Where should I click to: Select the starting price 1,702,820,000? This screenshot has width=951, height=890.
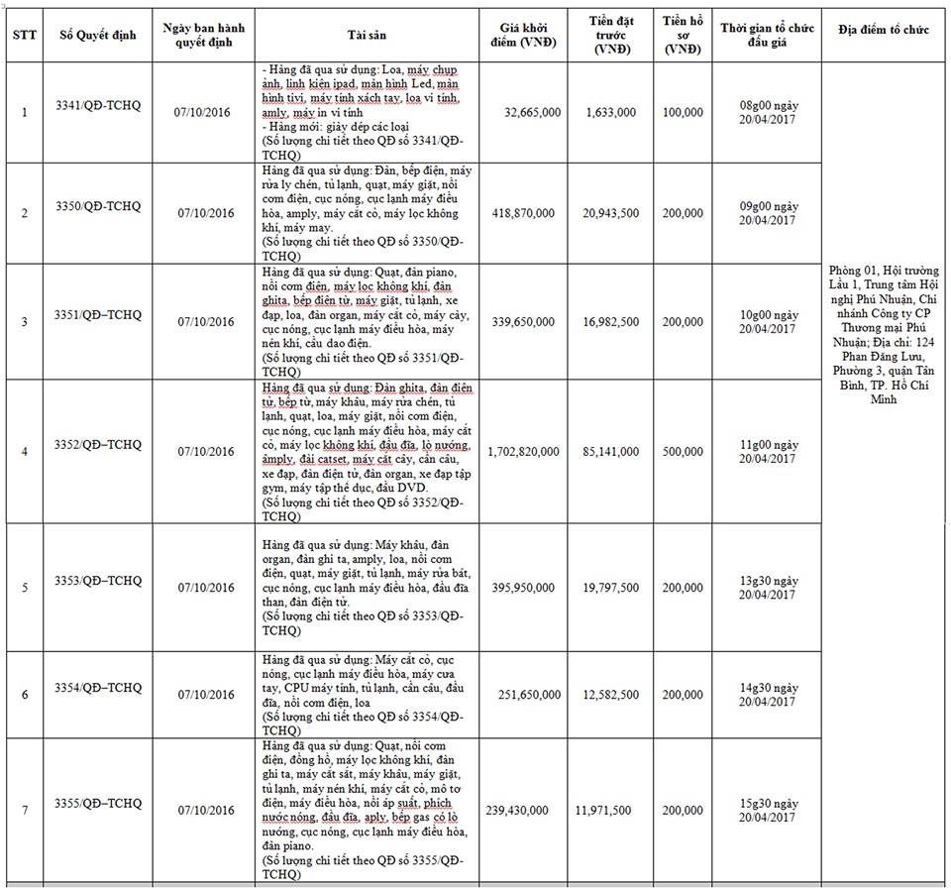(x=523, y=452)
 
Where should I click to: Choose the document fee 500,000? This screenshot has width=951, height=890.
(x=683, y=452)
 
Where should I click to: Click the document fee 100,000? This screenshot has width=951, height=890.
(x=683, y=113)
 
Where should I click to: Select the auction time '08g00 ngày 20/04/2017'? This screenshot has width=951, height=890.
(x=769, y=112)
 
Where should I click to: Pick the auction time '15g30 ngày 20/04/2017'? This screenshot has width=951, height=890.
(x=769, y=810)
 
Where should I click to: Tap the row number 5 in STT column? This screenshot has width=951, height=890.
(x=25, y=588)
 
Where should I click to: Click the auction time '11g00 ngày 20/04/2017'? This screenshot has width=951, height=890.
(x=769, y=452)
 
